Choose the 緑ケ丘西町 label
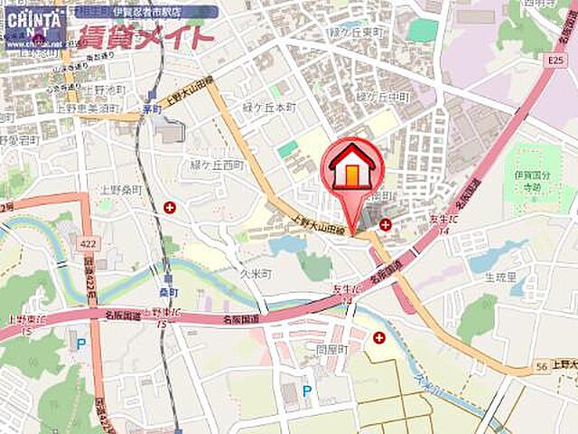coord(218,165)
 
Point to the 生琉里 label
coord(499,278)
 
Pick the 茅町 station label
coord(151,108)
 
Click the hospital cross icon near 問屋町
coord(378,337)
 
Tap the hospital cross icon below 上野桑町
coord(170,208)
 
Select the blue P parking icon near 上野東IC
coord(81,344)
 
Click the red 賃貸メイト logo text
coord(144,38)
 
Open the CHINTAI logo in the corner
coord(33,27)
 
